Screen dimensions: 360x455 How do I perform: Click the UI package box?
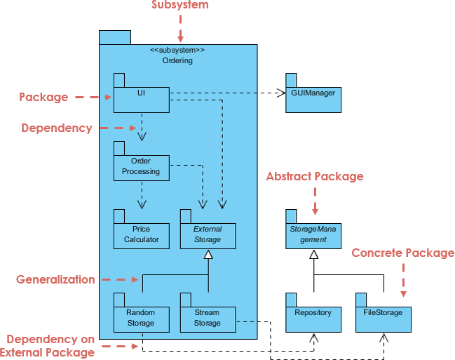pyautogui.click(x=141, y=99)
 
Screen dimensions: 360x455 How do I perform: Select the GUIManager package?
pyautogui.click(x=313, y=98)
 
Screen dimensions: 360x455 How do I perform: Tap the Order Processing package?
pyautogui.click(x=141, y=166)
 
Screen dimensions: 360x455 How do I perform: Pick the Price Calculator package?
pyautogui.click(x=141, y=234)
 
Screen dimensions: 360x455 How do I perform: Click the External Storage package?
pyautogui.click(x=208, y=234)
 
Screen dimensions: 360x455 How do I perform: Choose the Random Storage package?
pyautogui.click(x=141, y=318)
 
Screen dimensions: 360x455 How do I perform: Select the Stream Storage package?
pyautogui.click(x=208, y=318)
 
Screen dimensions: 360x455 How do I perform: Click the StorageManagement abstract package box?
pyautogui.click(x=313, y=234)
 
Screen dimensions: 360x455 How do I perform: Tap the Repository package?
pyautogui.click(x=313, y=318)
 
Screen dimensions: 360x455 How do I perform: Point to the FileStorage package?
pyautogui.click(x=383, y=318)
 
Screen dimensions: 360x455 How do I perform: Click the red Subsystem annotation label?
pyautogui.click(x=180, y=6)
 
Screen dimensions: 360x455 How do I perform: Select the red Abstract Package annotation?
pyautogui.click(x=315, y=177)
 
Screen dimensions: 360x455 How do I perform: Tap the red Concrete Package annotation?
pyautogui.click(x=402, y=253)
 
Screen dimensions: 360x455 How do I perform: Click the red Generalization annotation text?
pyautogui.click(x=55, y=279)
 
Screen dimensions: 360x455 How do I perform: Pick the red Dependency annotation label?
pyautogui.click(x=57, y=128)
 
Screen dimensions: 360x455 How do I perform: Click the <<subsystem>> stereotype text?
pyautogui.click(x=177, y=51)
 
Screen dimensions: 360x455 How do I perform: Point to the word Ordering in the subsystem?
pyautogui.click(x=177, y=61)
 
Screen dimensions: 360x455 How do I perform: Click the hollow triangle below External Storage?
pyautogui.click(x=208, y=255)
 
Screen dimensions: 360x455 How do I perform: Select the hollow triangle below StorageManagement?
pyautogui.click(x=313, y=255)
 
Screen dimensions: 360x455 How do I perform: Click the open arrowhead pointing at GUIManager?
pyautogui.click(x=280, y=92)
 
